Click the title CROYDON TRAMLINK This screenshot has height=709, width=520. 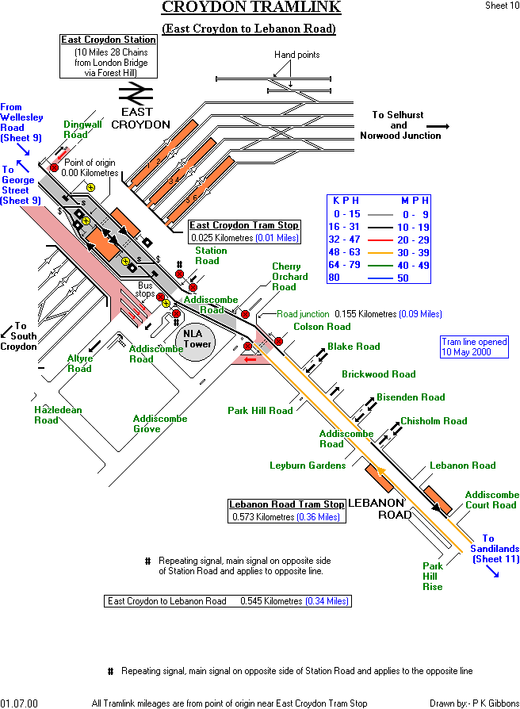pos(251,8)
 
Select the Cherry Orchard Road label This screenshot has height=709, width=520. pos(289,277)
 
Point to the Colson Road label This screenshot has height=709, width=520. pos(322,327)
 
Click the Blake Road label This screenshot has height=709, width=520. pos(354,347)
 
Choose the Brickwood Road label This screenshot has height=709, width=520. pos(378,374)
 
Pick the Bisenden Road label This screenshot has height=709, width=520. pos(411,397)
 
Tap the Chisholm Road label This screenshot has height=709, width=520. pos(434,421)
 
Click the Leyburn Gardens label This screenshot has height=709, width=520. pos(308,466)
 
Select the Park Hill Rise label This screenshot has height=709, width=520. pos(433,577)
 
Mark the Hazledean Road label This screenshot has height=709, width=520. pos(58,415)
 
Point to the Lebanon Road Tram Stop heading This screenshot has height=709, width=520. pos(287,504)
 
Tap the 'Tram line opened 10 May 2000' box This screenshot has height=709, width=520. pos(475,347)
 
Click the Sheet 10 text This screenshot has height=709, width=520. pos(502,6)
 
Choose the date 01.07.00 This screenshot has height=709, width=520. pos(19,703)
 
